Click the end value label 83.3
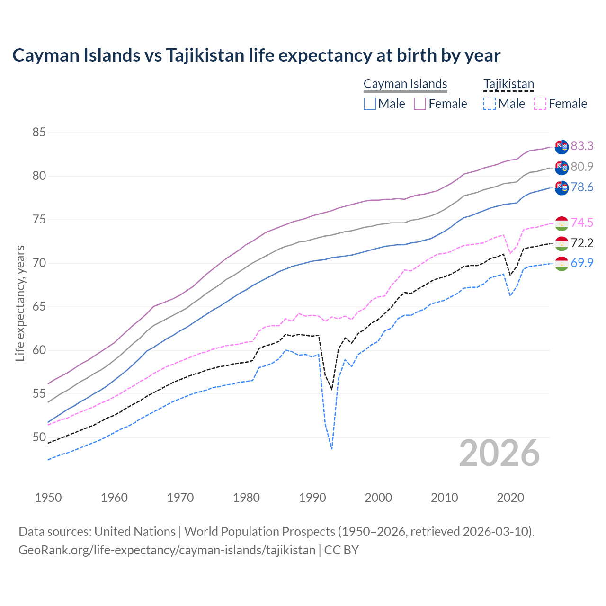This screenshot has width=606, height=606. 582,146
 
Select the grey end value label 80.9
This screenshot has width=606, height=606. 582,167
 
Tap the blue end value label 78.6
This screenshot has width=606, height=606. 582,187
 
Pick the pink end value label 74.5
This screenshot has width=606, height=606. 582,223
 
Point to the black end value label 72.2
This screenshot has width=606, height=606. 582,243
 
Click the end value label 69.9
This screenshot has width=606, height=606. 582,263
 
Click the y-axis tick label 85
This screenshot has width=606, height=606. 39,132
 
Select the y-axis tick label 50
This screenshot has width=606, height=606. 39,437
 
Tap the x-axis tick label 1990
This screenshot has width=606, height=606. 312,498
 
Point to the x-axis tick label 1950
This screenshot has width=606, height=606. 48,498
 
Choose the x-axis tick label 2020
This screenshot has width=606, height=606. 510,498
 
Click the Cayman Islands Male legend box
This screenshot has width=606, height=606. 370,104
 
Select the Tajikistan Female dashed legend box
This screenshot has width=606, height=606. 540,104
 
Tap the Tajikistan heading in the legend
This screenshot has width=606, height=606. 508,84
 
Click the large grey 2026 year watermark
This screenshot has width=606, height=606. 499,454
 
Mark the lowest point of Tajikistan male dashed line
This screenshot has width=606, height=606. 332,448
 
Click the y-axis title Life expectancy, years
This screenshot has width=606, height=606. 20,303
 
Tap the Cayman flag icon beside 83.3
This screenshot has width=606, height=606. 561,147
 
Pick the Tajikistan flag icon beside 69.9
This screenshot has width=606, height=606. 561,264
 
